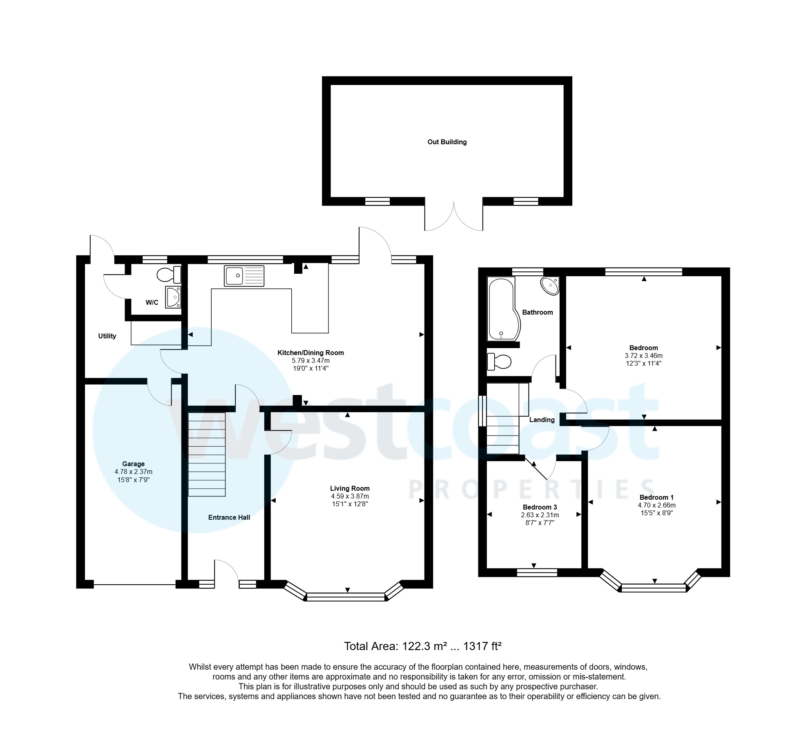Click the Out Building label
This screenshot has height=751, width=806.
[447, 142]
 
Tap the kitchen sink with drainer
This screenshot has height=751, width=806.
[244, 275]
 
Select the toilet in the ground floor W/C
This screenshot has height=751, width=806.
[169, 275]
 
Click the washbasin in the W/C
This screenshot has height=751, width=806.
[173, 297]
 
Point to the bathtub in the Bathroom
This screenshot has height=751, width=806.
[503, 309]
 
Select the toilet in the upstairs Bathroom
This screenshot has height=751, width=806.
[500, 362]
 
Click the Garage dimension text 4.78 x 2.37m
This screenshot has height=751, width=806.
[133, 472]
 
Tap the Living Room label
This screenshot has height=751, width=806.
[350, 488]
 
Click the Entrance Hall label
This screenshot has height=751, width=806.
[229, 517]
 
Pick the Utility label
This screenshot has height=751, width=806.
[107, 336]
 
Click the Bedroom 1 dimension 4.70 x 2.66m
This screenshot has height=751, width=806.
[656, 505]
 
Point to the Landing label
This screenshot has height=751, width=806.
[542, 420]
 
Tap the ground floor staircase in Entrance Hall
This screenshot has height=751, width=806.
[207, 454]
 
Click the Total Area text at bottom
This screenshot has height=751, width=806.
[422, 646]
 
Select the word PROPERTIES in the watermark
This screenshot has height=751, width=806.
[531, 490]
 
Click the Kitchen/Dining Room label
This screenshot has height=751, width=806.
[310, 353]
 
